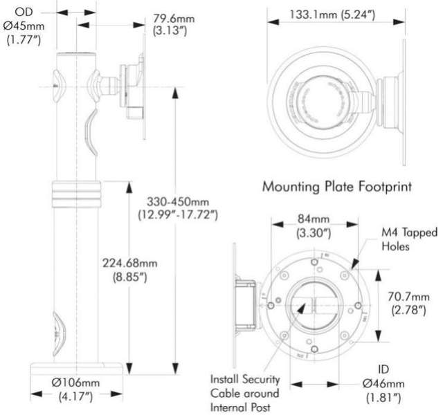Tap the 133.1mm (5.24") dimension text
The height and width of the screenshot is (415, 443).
322,15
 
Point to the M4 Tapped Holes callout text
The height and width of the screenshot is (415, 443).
408,239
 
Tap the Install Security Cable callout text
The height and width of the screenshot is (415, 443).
246,393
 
